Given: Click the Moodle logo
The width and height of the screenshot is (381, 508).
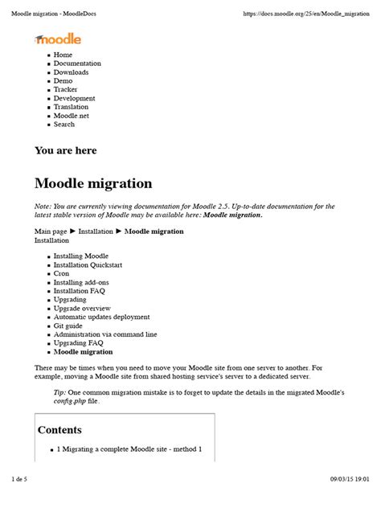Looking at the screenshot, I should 58,39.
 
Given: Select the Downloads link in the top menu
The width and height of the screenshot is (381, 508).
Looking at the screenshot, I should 71,72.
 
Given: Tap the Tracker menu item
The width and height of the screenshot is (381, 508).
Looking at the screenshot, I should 66,89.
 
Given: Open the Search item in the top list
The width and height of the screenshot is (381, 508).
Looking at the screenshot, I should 64,125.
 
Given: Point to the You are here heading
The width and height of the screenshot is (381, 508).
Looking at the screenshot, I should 65,150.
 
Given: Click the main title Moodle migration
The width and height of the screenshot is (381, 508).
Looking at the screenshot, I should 93,184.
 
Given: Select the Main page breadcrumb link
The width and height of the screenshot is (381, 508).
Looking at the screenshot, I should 51,231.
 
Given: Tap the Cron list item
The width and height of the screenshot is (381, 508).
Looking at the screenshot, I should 61,273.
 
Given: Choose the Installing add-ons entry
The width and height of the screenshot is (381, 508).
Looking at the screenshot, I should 80,282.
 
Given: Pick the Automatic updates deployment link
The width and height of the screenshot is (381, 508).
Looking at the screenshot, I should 101,317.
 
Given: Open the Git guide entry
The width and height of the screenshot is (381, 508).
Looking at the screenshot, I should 68,326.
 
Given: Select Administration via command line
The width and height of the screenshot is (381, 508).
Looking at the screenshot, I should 104,334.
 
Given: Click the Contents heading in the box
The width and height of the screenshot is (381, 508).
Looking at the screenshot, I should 59,430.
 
